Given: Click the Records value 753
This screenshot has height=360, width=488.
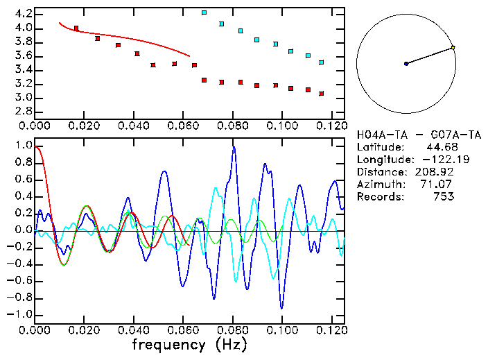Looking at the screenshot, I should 443,197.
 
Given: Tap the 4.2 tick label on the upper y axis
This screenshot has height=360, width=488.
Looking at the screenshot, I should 22,14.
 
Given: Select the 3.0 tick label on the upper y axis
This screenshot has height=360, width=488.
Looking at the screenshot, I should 22,98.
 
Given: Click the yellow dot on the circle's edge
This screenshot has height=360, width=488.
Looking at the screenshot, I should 453,48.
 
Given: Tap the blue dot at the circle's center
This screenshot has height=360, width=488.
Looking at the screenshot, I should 406,64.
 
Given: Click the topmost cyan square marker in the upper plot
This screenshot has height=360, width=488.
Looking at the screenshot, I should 204,12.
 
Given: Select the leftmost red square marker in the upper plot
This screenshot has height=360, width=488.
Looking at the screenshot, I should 76,28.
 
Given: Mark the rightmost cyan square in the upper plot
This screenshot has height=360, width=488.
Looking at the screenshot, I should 322,62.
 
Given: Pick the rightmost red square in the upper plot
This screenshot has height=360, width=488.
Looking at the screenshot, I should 322,94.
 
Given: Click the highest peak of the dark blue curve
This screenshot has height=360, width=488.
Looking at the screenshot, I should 234,147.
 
